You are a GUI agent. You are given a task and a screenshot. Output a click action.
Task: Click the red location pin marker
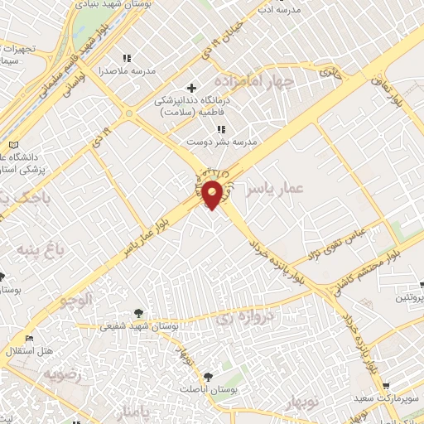click(212, 195)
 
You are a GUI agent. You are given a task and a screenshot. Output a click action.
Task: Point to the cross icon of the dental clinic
click(192, 88)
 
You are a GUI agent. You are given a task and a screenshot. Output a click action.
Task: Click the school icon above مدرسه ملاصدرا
click(127, 58)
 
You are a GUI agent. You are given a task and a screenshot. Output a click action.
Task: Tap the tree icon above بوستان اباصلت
click(207, 376)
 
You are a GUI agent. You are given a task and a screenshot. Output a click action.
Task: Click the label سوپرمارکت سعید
click(390, 399)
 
